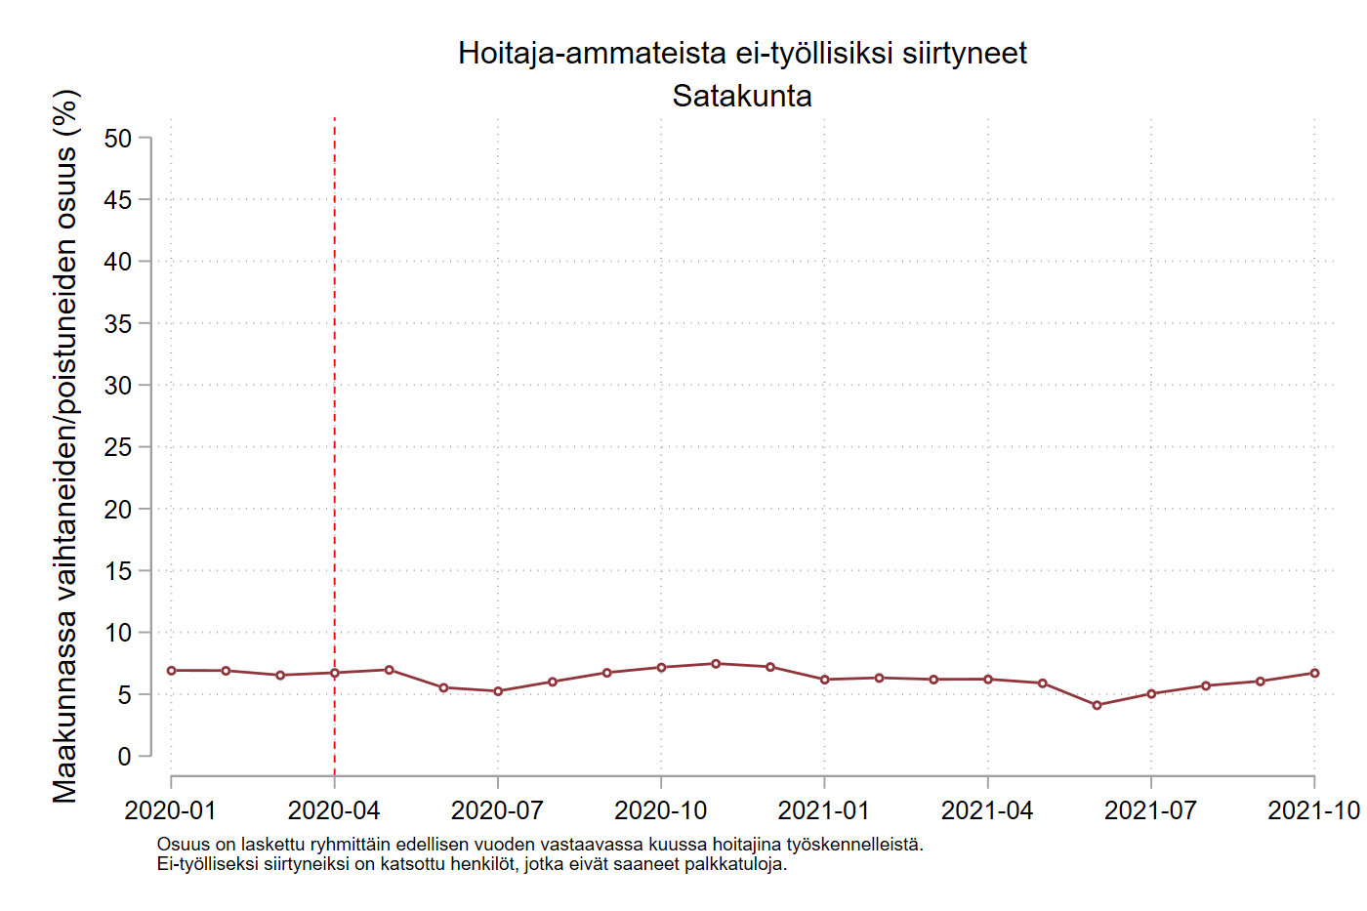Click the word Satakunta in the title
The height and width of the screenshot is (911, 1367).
742,96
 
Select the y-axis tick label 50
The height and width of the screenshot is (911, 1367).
117,139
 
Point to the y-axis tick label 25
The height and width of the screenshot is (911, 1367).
117,447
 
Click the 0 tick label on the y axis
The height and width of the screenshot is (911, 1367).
124,756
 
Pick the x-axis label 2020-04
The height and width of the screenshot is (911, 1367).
334,810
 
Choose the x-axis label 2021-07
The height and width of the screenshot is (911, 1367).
1150,810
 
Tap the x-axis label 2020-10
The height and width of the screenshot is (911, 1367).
661,810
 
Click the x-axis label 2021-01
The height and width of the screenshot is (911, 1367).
823,810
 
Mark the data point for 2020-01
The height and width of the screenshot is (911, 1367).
172,671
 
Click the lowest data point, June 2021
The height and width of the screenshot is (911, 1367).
1097,705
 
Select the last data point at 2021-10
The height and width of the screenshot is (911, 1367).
1314,673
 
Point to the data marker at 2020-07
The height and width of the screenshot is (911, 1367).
498,691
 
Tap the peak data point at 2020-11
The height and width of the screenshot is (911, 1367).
716,664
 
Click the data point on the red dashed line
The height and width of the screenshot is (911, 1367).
335,673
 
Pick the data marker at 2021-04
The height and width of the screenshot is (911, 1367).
988,679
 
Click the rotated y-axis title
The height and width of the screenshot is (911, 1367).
65,446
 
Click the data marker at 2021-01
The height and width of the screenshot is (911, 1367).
825,680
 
